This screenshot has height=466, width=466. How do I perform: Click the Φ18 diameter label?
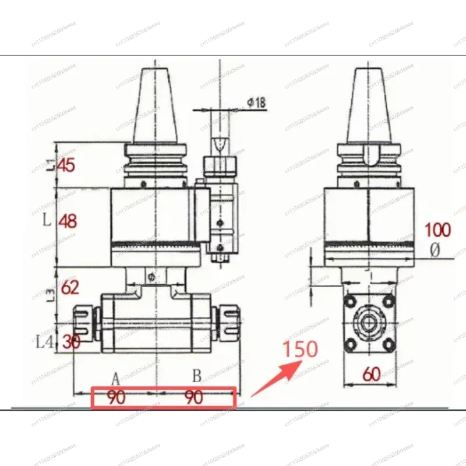[256, 103]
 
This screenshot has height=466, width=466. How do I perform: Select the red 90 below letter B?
[193, 398]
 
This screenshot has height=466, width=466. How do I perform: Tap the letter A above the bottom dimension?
[115, 377]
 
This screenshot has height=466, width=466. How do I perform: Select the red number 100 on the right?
[437, 230]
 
